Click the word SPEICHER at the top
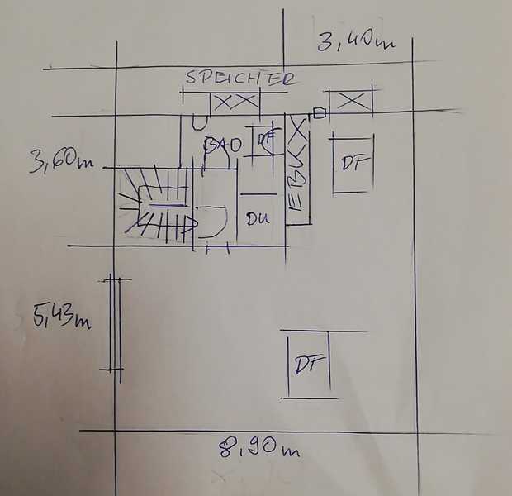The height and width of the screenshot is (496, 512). [240, 79]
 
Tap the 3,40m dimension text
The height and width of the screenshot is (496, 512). [354, 40]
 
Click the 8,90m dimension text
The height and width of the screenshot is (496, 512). [258, 449]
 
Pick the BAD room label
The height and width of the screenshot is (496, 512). [222, 145]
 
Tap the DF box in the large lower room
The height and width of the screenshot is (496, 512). [308, 364]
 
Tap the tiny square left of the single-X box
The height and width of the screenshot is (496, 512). [320, 113]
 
